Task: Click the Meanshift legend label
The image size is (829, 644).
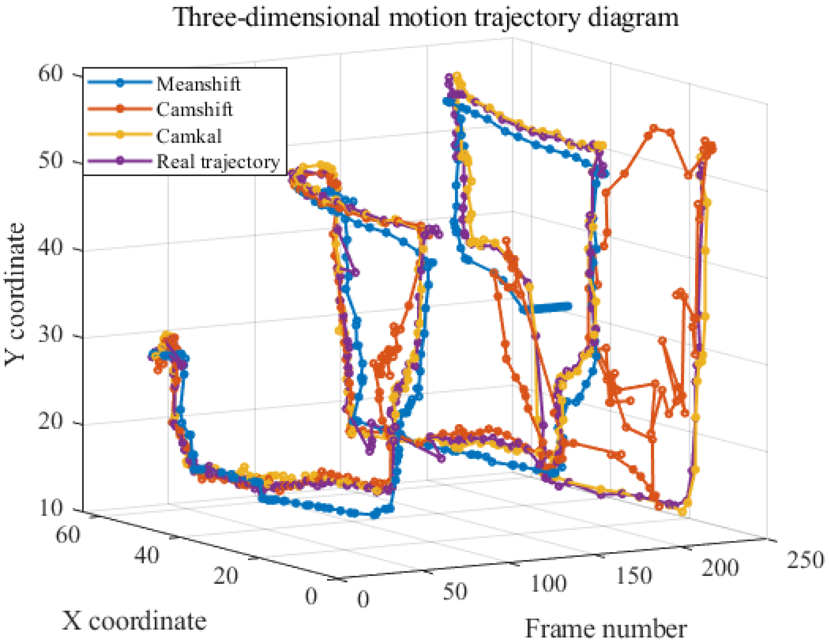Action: tap(198, 84)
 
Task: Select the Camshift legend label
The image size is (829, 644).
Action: tap(194, 110)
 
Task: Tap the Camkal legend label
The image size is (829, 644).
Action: tap(189, 136)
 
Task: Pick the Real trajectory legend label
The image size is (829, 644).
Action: tap(218, 162)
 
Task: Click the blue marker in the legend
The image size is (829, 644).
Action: tap(120, 83)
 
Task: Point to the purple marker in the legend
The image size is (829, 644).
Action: tap(120, 161)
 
